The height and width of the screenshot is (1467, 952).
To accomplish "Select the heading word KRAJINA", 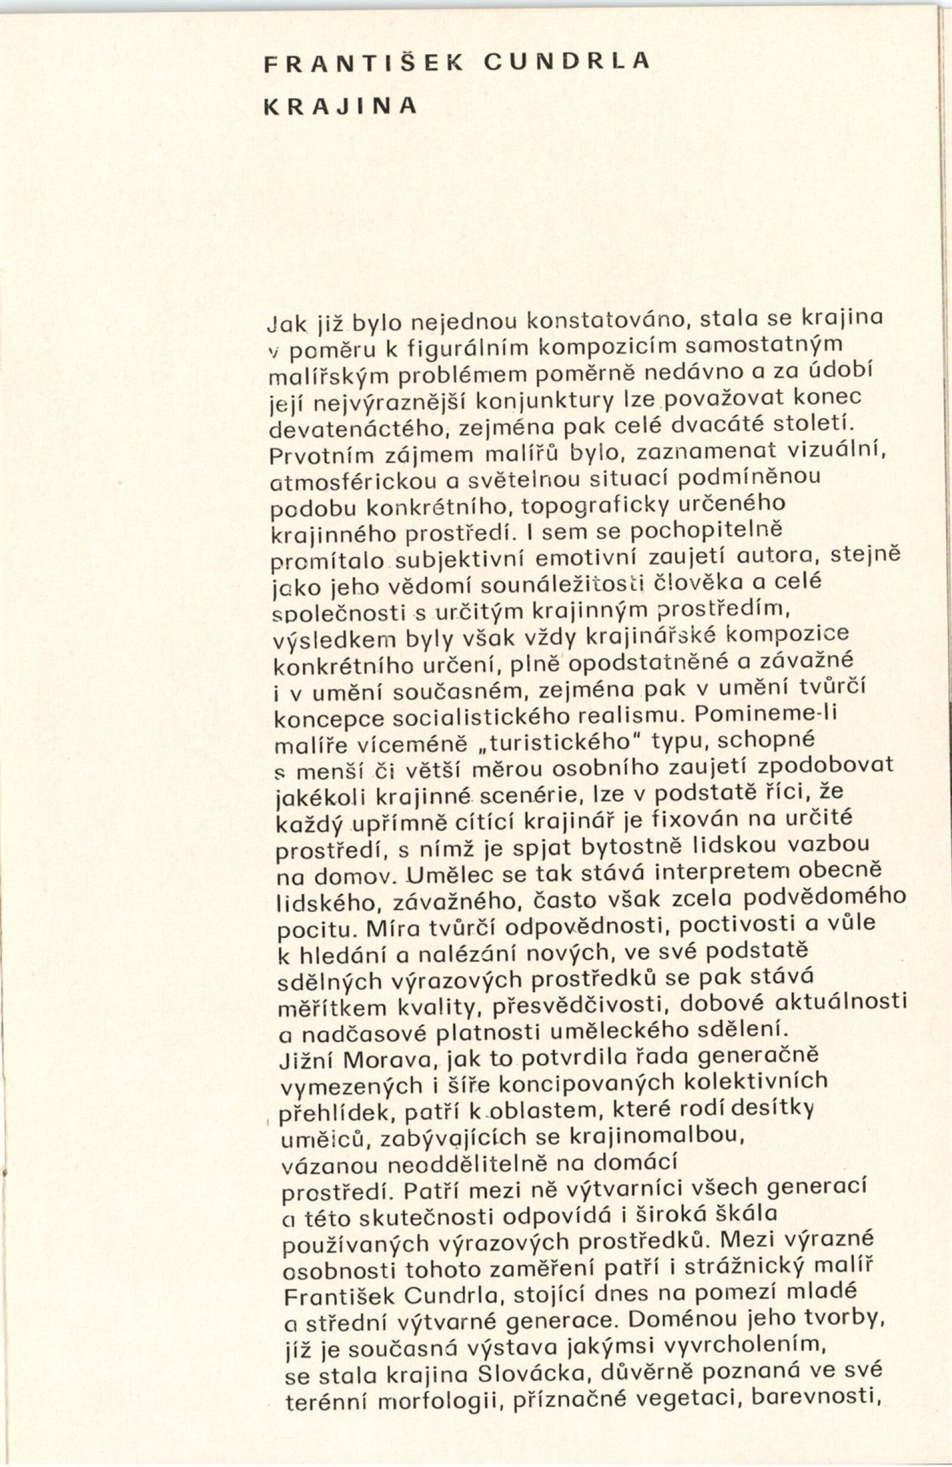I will (340, 106).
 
